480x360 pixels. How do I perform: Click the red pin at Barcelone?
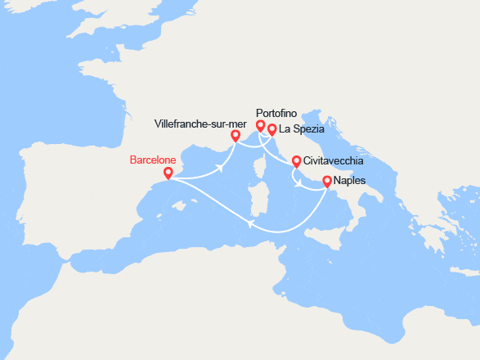pos(168,173)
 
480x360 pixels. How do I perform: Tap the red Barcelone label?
pos(153,160)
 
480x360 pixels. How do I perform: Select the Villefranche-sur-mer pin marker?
pos(235,136)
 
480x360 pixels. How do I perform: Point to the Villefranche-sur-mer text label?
pos(195,124)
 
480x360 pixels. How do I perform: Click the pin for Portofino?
pos(261,125)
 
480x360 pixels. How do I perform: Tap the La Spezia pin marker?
pos(272,129)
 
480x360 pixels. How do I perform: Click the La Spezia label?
pos(302,129)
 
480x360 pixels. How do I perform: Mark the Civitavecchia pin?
pos(296,161)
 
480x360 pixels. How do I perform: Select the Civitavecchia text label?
pos(334,161)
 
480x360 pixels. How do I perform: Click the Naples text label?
pos(351,181)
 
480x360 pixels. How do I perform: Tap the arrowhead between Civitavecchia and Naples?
pos(304,183)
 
